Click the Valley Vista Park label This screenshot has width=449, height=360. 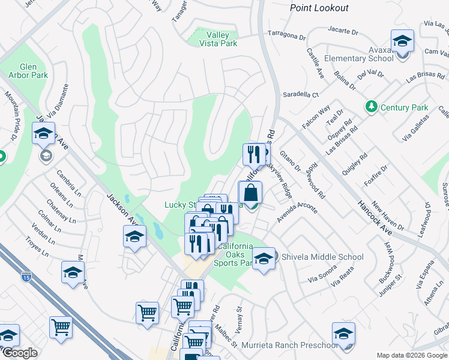tap(217, 39)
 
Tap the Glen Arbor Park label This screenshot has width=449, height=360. tap(23, 71)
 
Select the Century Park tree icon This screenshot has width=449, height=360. tap(372, 107)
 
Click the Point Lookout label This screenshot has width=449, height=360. tap(319, 8)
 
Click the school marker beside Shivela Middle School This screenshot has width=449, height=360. tap(264, 259)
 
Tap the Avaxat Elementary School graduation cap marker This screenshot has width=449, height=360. tap(402, 41)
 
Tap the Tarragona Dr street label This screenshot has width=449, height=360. tap(286, 35)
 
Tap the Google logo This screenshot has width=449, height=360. tap(20, 353)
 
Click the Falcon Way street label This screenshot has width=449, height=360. tap(316, 118)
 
